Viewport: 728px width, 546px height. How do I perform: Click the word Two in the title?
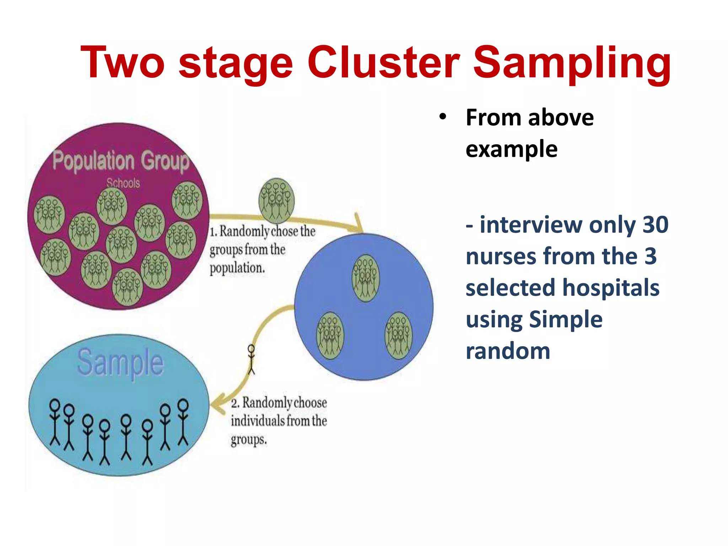122,62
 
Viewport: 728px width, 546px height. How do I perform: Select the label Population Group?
121,161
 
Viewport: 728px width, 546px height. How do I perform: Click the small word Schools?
123,183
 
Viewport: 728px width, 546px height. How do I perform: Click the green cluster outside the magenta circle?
277,200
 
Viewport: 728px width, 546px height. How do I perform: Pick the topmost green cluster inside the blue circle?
365,278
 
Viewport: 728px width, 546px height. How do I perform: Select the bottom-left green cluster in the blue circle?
330,335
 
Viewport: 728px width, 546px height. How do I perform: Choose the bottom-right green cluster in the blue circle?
398,335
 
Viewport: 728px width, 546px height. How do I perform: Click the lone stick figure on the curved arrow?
251,359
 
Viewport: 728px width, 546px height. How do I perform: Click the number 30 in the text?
655,225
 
